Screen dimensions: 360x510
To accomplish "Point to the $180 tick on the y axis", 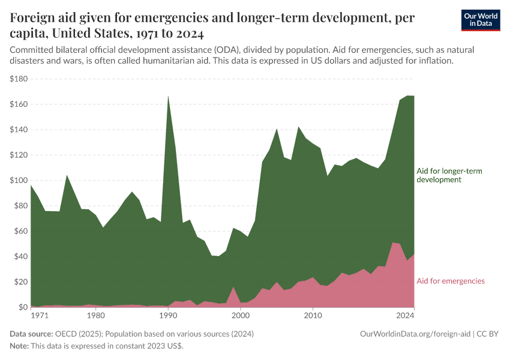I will tap(20, 79).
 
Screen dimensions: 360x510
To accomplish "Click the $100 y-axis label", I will tap(20, 180).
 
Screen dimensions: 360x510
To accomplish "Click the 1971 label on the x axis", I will tap(39, 315).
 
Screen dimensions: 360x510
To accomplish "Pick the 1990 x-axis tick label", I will tap(168, 315).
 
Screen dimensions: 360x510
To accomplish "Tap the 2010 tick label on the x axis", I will tap(313, 315).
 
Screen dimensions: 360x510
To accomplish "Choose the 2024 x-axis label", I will tap(406, 315).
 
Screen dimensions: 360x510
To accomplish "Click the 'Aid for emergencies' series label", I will tap(451, 281).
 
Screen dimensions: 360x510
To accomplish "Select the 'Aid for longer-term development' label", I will tap(449, 175).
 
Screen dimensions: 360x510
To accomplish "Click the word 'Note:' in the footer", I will tap(20, 346).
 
